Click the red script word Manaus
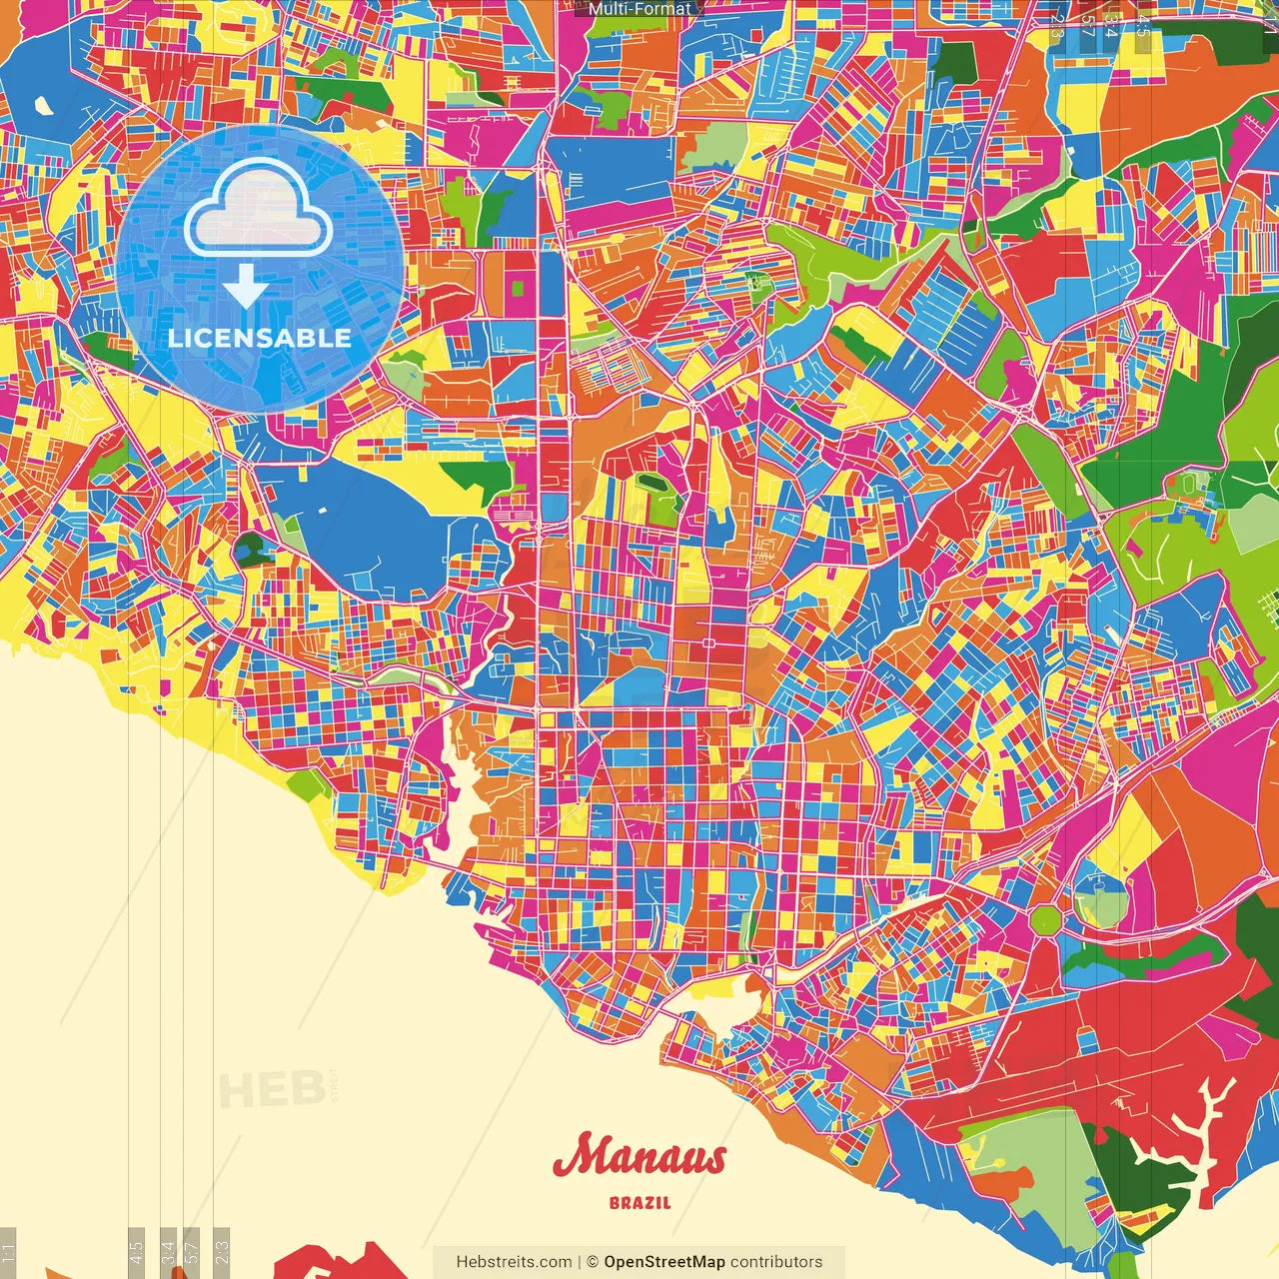639,1157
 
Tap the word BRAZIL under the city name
639,1203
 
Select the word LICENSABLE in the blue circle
260,338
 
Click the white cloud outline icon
258,210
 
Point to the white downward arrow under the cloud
245,287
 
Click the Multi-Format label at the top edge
639,9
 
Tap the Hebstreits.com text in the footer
514,1262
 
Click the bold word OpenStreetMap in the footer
663,1262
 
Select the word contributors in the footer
776,1262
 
